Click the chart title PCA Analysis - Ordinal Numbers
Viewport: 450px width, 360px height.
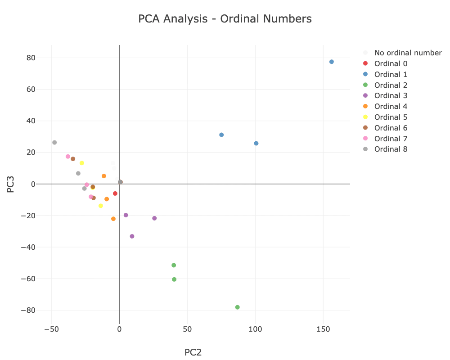click(x=225, y=19)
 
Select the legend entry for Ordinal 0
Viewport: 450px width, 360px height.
click(x=391, y=63)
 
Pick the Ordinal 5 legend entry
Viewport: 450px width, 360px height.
click(x=391, y=117)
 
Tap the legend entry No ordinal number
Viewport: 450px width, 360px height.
click(x=408, y=53)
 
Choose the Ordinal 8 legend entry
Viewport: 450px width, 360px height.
click(x=391, y=149)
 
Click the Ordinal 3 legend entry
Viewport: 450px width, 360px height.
click(x=391, y=95)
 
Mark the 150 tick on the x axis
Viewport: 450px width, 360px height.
click(x=323, y=329)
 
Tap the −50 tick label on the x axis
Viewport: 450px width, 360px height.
click(x=51, y=329)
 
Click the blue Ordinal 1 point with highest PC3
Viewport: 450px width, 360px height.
click(x=332, y=62)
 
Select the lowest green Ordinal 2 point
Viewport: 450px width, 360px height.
click(x=238, y=307)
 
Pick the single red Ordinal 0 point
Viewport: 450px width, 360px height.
click(x=115, y=193)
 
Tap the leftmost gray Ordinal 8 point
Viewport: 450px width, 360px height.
click(x=54, y=143)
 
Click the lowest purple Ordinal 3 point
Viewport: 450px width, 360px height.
click(x=132, y=236)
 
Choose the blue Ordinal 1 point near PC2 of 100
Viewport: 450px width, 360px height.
click(x=256, y=144)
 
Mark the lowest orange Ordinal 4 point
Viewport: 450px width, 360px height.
click(x=113, y=219)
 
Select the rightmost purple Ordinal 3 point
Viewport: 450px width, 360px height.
click(x=155, y=218)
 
